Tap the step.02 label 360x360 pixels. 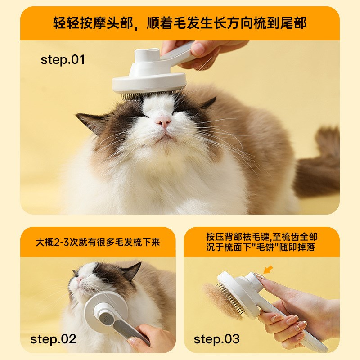54,338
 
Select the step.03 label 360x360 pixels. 216,338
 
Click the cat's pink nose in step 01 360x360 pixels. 163,121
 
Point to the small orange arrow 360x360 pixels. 268,270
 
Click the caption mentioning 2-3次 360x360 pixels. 98,242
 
